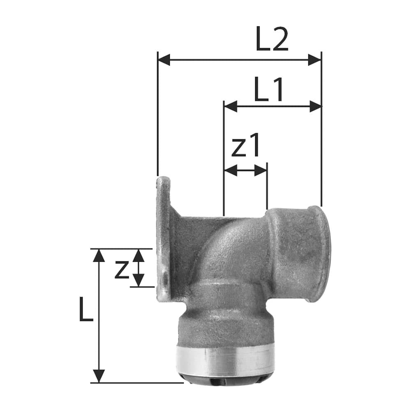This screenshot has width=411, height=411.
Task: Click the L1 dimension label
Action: point(269,89)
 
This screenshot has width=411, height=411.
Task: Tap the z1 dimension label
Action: point(246,145)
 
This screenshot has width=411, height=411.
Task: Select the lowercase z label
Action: point(122,270)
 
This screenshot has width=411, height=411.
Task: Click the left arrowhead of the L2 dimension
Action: point(164,60)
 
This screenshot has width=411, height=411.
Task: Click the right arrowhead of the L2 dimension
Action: point(314,60)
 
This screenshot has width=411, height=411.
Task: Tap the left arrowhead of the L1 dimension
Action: point(231,106)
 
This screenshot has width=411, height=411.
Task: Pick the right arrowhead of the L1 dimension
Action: point(315,106)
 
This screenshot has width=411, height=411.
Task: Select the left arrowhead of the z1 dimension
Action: point(231,171)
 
